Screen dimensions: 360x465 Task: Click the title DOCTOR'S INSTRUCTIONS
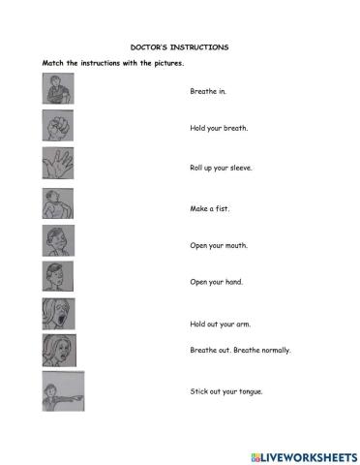(x=180, y=46)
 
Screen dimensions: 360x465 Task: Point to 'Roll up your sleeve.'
(x=222, y=167)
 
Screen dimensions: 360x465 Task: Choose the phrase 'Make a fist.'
(x=210, y=207)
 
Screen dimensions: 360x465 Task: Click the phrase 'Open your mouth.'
(x=219, y=245)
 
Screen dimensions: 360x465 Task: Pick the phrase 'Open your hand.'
(x=217, y=282)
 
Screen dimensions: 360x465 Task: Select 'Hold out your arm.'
(x=221, y=325)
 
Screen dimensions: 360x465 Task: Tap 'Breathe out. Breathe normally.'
(x=240, y=350)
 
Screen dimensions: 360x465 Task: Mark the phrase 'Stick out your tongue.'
(x=226, y=391)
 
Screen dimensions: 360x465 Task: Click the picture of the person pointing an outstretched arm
(x=63, y=391)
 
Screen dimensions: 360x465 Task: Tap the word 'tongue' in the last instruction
(x=251, y=392)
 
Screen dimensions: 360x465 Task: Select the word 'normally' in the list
(x=274, y=350)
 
